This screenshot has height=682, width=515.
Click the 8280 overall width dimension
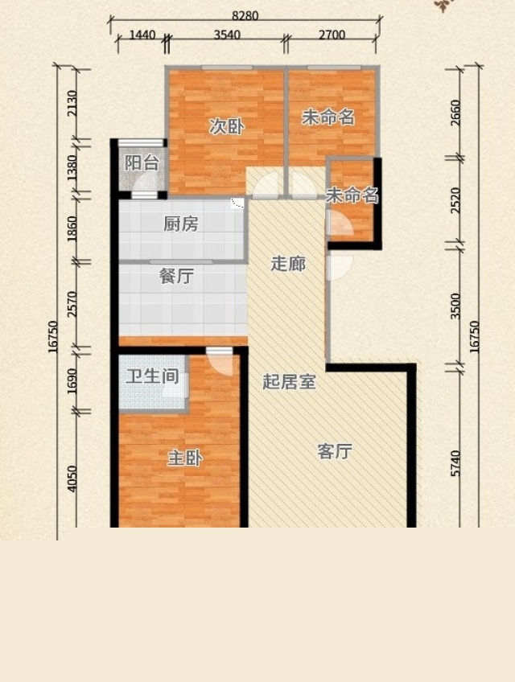coord(245,15)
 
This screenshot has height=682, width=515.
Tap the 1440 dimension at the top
coord(142,35)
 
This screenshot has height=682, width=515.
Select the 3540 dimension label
coord(227,35)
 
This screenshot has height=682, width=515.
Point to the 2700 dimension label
coord(332,35)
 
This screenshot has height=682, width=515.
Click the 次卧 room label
coord(226,126)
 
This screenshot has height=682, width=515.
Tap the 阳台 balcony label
coord(142,163)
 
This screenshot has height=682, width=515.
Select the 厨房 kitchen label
coord(181,224)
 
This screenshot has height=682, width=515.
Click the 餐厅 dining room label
coord(176,276)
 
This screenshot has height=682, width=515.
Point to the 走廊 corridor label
coord(288,263)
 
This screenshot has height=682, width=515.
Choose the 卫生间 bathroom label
coord(152,376)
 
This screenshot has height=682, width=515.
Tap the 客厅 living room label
coord(334,451)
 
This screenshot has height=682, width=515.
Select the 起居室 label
coord(289,381)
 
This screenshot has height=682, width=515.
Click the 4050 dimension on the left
coord(72,479)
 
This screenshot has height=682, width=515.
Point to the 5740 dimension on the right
coord(455,464)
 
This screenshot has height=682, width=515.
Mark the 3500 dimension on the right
coord(455,306)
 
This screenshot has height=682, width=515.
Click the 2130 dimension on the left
coord(72,103)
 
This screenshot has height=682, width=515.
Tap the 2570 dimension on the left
coord(72,304)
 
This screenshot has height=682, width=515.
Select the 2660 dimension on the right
coord(455,113)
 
